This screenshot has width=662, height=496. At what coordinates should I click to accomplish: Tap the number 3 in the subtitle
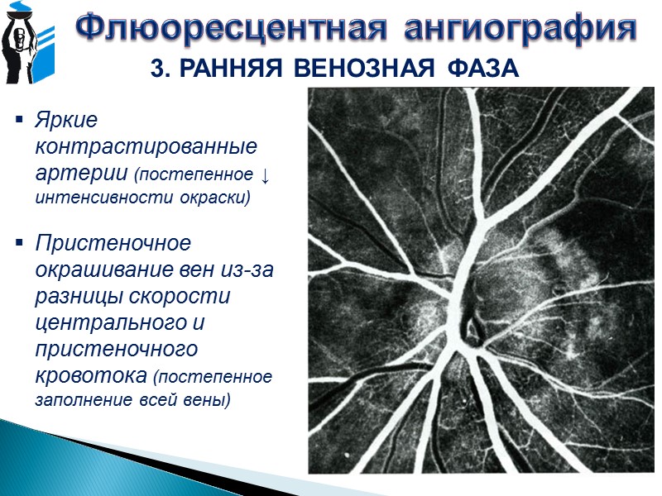(x=158, y=69)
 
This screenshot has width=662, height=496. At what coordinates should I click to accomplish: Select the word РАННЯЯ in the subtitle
(x=223, y=69)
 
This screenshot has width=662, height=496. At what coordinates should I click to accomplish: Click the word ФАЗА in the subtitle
(x=482, y=69)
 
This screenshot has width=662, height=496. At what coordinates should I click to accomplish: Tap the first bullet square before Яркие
(x=18, y=122)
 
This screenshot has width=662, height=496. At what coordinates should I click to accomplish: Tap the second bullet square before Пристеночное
(x=18, y=245)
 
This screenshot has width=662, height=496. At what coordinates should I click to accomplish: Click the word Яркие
(x=65, y=121)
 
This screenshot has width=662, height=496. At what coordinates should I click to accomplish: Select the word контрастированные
(x=146, y=146)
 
